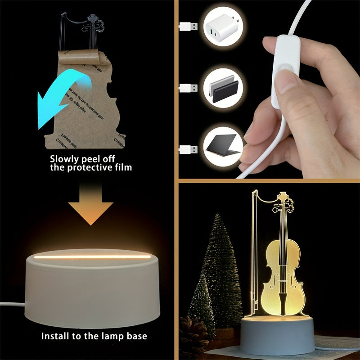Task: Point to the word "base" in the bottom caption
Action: (x=137, y=336)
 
